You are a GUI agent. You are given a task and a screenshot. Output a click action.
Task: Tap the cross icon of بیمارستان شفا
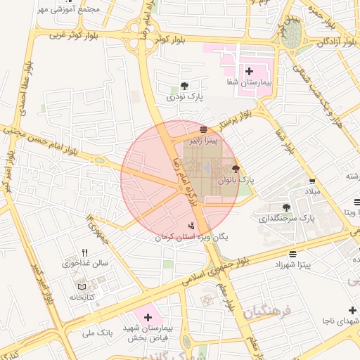[x=249, y=71]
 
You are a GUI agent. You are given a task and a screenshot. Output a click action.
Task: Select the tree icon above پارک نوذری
[x=185, y=86]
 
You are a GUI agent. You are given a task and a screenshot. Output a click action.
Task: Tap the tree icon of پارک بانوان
[x=235, y=169]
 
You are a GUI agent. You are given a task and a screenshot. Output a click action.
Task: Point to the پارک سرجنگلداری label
[x=287, y=219]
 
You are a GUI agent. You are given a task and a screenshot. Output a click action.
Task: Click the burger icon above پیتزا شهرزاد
[x=292, y=253]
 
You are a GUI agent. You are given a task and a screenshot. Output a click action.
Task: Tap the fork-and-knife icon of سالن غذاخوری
[x=85, y=252]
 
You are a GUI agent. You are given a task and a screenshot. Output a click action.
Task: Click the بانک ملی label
[x=98, y=331]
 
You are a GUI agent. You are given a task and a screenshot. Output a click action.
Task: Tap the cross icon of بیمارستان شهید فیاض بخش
[x=148, y=318]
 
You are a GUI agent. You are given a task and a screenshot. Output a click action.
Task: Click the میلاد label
[x=312, y=192]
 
